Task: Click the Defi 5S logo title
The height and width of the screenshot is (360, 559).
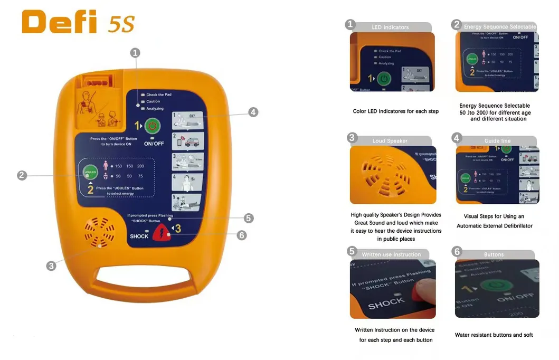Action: coord(78,22)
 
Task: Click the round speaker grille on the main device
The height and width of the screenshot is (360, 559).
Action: coord(99,232)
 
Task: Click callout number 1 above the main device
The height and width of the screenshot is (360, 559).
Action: coord(136,52)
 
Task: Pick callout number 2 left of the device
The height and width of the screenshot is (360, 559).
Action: coord(22,175)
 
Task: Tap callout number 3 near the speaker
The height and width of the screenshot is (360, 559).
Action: coord(51,266)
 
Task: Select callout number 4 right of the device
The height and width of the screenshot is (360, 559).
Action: coord(253,112)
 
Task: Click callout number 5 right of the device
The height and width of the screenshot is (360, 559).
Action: coord(249,218)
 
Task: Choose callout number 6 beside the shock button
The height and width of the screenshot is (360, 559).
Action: coord(242,235)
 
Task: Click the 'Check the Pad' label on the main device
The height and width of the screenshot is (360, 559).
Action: coord(158,94)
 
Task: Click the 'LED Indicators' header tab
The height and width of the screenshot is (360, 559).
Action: coord(390,27)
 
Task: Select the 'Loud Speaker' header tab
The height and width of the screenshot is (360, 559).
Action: coord(390,140)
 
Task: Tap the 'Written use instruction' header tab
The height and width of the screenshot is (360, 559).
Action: coord(391,254)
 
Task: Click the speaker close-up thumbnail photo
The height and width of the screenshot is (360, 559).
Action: coord(393,175)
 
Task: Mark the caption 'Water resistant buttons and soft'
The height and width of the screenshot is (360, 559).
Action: coord(494,335)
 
